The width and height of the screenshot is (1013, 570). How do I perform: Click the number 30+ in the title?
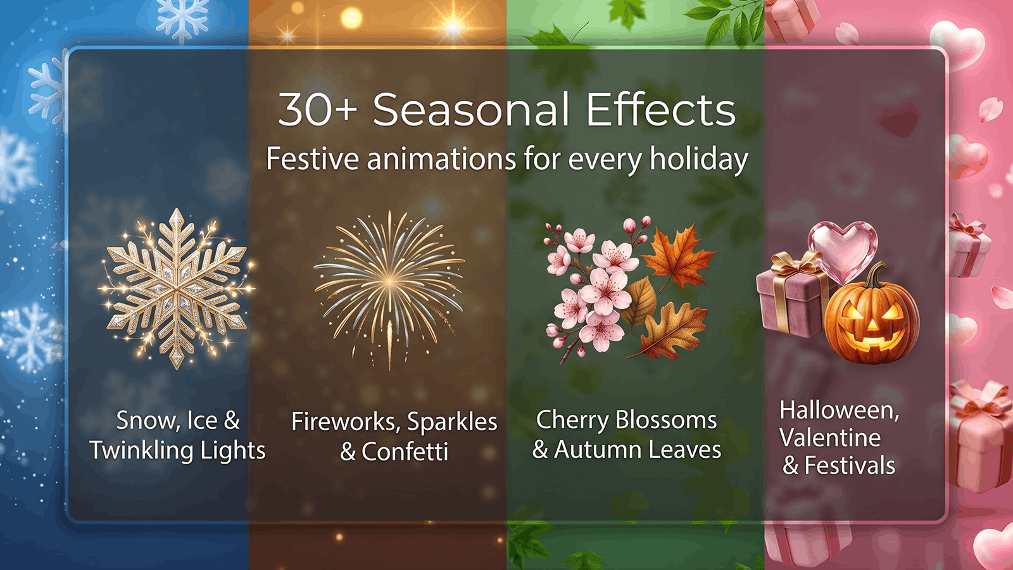click(x=317, y=110)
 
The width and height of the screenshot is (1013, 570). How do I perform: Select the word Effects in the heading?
click(x=661, y=110)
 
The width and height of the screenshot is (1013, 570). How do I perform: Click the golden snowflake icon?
click(x=177, y=289)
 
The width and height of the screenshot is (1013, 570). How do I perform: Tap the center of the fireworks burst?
click(x=389, y=281)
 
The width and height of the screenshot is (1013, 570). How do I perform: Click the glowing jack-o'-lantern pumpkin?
click(x=871, y=317)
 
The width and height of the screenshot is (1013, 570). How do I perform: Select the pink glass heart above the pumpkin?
click(x=843, y=251)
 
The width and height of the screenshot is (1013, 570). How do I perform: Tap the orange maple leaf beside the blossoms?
click(x=678, y=256)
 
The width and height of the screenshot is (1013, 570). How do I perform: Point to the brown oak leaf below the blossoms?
click(x=669, y=331)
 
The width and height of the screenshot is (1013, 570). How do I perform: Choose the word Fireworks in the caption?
click(x=346, y=422)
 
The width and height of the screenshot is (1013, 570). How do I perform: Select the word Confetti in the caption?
click(x=405, y=451)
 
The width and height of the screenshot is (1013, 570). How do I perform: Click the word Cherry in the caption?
click(x=572, y=421)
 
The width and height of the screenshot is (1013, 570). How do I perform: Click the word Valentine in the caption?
click(x=830, y=438)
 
